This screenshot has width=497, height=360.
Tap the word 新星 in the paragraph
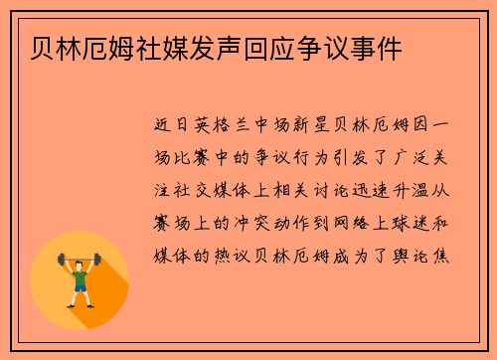[323, 126]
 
